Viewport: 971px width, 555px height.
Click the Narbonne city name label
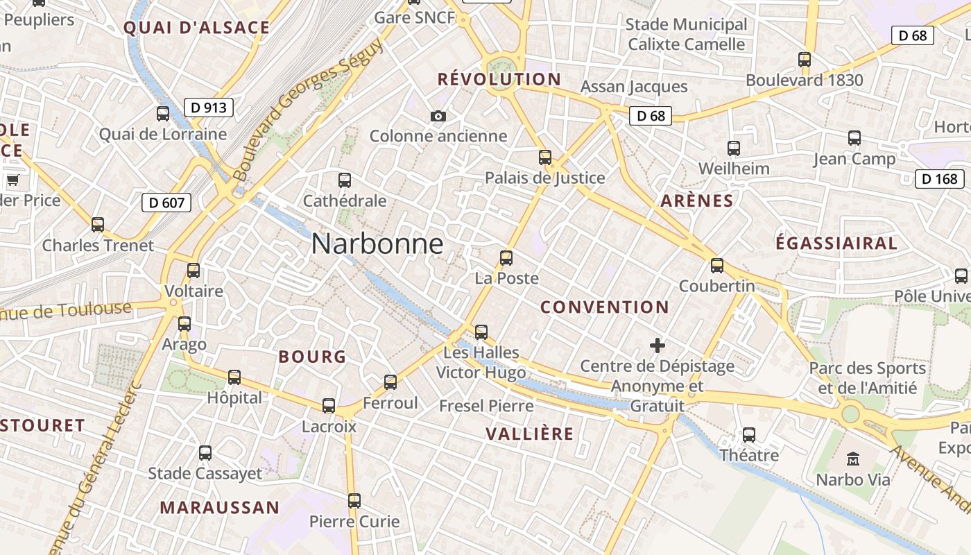377,244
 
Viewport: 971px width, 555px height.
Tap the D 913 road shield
208,108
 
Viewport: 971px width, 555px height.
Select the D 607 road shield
166,203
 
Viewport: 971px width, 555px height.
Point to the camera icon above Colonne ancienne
438,116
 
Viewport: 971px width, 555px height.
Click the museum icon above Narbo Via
853,459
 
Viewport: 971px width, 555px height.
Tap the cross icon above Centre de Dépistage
658,345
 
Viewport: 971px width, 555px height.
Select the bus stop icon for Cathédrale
345,180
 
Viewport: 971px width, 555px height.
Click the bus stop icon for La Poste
506,258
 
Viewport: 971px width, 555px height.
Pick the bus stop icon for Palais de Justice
545,157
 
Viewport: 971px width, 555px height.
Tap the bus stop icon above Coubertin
717,265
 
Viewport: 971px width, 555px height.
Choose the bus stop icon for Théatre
749,435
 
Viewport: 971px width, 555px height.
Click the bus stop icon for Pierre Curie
354,500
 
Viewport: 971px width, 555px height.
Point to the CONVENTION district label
604,307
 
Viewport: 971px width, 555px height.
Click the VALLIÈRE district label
530,434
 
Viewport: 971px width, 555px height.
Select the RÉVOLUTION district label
499,79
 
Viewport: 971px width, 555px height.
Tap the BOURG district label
312,357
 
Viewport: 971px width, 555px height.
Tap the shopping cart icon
12,181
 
